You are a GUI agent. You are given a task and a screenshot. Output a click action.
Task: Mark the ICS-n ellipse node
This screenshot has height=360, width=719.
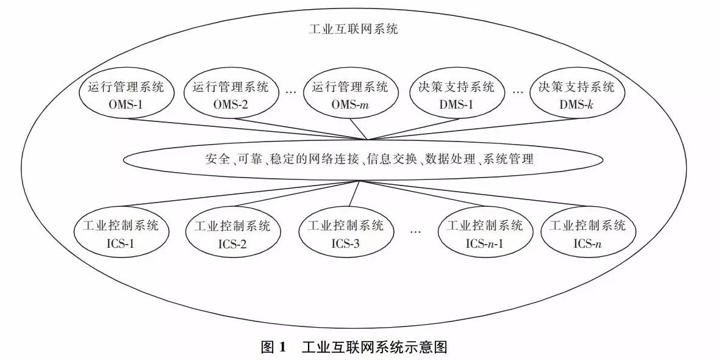(x=588, y=234)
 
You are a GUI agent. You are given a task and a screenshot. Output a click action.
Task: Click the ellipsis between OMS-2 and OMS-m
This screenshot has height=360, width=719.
(x=291, y=91)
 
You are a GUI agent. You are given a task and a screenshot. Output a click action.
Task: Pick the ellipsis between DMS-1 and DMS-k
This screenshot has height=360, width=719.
(x=518, y=91)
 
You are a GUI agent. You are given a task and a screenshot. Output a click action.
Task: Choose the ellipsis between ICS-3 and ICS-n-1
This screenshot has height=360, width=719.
(x=416, y=231)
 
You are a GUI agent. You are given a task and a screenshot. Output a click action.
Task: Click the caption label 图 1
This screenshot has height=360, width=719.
(x=273, y=348)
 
